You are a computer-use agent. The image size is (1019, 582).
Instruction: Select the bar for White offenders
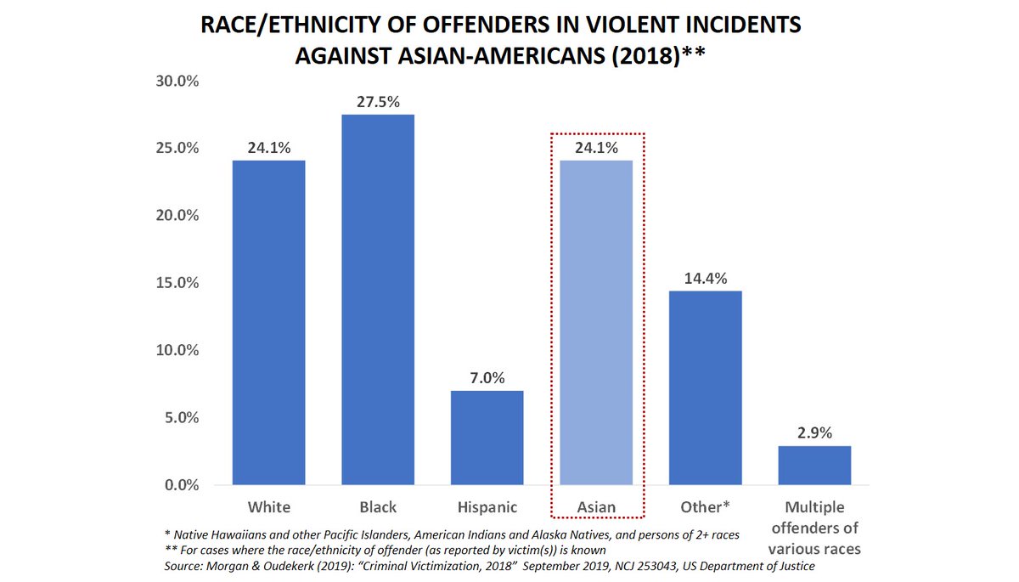[268, 323]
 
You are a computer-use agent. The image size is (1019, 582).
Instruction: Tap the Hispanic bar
[487, 438]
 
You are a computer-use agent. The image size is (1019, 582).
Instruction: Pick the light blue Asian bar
[597, 323]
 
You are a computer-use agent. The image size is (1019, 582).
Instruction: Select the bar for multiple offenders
[814, 466]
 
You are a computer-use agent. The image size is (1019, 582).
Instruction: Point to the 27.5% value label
[378, 101]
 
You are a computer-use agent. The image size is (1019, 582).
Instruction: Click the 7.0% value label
[487, 377]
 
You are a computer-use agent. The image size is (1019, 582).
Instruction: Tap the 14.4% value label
[706, 278]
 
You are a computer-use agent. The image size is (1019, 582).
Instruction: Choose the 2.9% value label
[814, 432]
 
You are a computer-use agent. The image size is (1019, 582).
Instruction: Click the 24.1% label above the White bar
[268, 147]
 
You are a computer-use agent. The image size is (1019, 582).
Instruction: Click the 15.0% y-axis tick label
[176, 283]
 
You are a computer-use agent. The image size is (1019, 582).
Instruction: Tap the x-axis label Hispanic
[487, 507]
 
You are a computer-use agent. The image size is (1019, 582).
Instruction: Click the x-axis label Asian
[597, 507]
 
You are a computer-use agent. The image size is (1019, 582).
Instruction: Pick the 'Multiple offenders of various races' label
[814, 528]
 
